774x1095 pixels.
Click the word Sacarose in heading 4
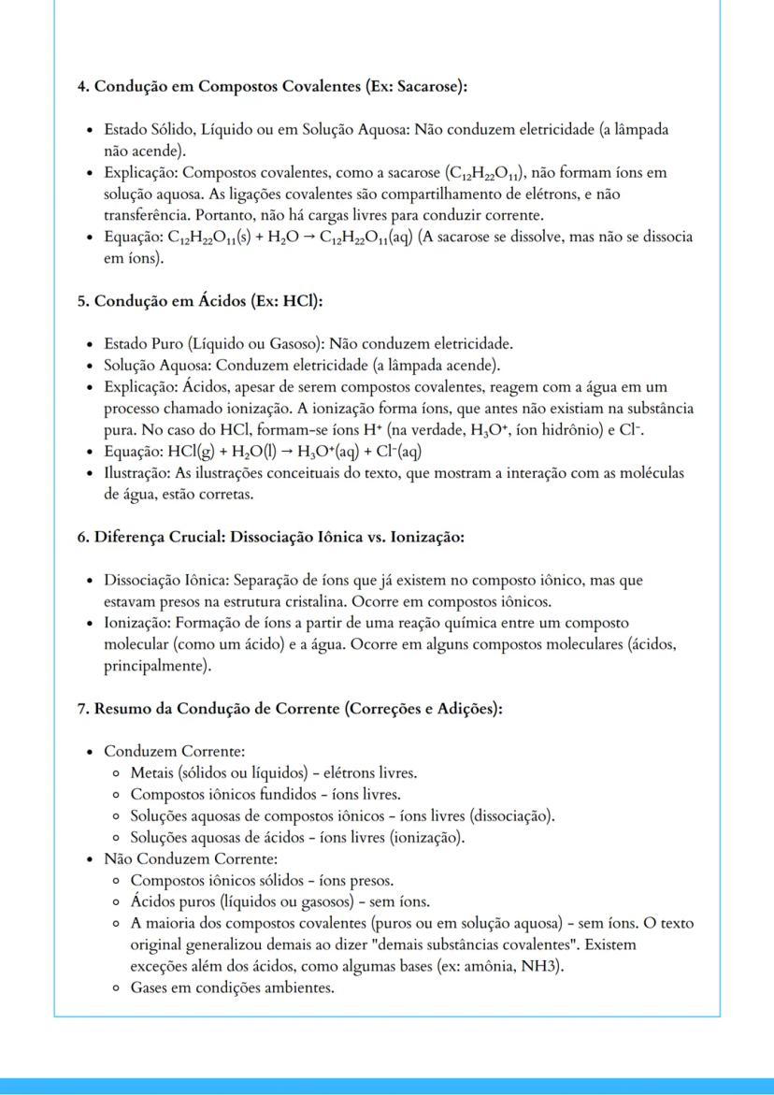point(427,86)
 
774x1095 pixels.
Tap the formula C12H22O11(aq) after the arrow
point(364,237)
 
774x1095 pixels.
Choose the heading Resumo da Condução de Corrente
point(290,709)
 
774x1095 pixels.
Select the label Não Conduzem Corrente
point(191,858)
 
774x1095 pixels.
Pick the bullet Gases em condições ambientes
point(231,987)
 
